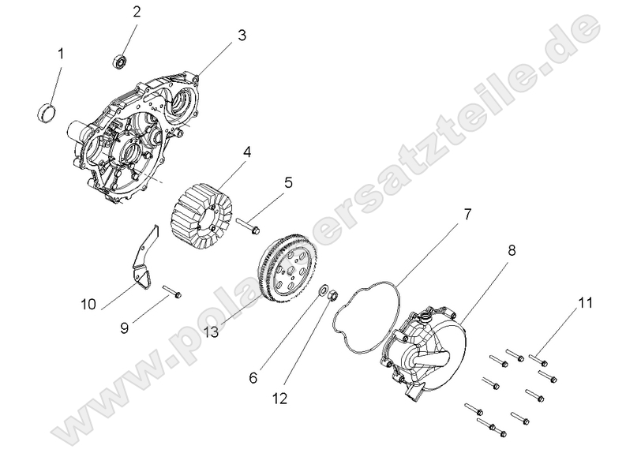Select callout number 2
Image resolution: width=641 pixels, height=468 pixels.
tap(137, 12)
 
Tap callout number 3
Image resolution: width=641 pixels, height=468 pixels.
tap(242, 36)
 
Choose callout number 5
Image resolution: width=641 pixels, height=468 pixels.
tap(288, 182)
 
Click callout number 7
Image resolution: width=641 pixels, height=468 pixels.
tap(467, 214)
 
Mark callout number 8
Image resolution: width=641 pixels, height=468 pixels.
tap(512, 251)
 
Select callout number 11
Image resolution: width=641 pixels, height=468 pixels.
tap(584, 303)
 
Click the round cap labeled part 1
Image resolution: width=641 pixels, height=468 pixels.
tap(48, 112)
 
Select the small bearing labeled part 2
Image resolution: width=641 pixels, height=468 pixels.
tap(121, 60)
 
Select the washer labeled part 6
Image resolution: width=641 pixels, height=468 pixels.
tap(324, 294)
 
